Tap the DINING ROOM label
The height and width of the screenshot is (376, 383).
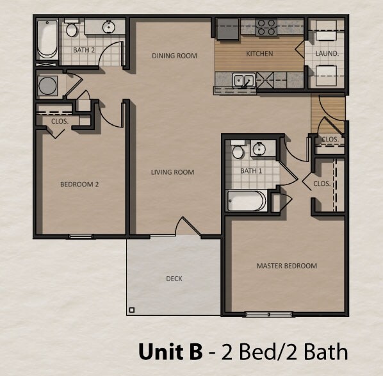click(x=174, y=56)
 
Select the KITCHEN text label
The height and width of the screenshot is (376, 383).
click(x=260, y=54)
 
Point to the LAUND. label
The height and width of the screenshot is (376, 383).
click(x=327, y=54)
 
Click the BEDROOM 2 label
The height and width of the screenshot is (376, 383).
click(x=79, y=184)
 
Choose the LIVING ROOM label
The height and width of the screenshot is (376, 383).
click(x=172, y=172)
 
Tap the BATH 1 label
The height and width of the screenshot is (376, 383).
click(x=252, y=171)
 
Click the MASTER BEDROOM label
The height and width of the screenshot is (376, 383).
click(x=286, y=265)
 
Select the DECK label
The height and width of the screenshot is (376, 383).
click(x=174, y=279)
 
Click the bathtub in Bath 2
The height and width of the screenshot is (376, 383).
click(x=47, y=40)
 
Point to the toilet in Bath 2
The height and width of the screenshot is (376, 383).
click(x=71, y=29)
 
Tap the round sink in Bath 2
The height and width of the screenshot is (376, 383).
click(x=108, y=27)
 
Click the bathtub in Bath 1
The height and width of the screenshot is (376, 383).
click(x=247, y=201)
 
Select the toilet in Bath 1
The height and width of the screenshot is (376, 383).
click(x=238, y=152)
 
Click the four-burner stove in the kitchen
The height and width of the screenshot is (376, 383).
click(x=266, y=27)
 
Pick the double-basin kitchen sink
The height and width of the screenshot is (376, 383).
click(x=243, y=81)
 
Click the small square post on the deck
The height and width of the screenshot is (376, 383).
click(x=131, y=311)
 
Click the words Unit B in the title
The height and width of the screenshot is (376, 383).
click(x=170, y=352)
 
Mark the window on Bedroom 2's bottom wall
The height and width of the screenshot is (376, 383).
click(x=81, y=237)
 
